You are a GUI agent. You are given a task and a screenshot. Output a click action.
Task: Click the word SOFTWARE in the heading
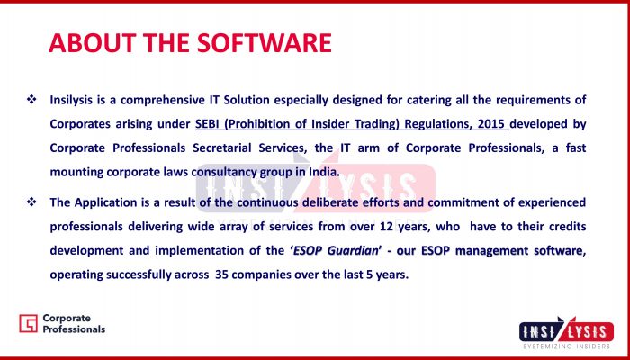[x=265, y=43]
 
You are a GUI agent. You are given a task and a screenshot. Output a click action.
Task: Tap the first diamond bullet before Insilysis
[x=31, y=98]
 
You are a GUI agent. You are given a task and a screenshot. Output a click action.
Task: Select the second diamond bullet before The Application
[x=31, y=202]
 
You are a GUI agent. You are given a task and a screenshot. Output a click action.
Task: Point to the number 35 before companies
[x=222, y=274]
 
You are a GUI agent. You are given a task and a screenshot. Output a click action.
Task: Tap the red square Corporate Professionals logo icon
[x=28, y=323]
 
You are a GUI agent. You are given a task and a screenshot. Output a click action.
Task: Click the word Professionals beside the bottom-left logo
[x=74, y=329]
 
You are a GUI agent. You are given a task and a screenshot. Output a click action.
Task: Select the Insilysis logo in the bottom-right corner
[x=566, y=332]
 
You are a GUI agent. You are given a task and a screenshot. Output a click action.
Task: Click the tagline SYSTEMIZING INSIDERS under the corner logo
[x=566, y=346]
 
